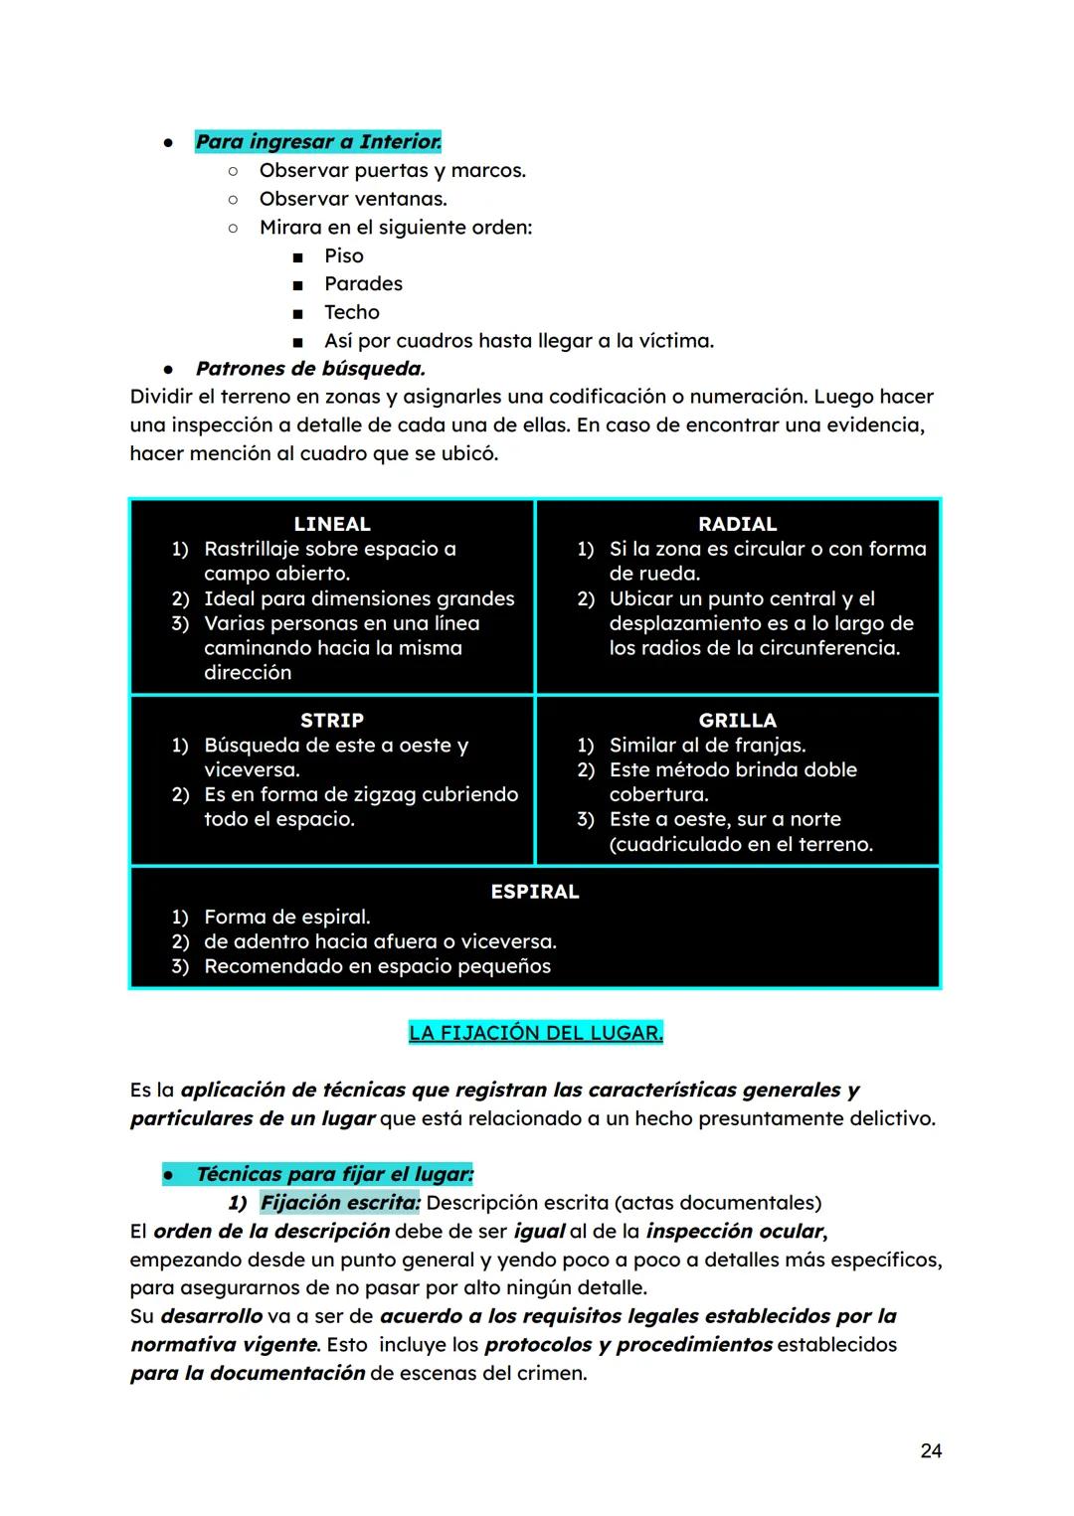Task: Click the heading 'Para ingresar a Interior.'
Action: point(318,142)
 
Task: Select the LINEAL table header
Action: point(332,524)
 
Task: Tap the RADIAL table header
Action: point(737,524)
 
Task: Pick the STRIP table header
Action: point(332,720)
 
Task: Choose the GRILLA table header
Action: point(737,720)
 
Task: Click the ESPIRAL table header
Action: point(535,892)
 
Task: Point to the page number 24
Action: point(931,1451)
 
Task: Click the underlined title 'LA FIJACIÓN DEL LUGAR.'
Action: point(535,1033)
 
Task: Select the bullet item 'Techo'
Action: point(352,312)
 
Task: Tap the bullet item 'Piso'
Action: point(344,255)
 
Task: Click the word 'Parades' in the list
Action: point(363,284)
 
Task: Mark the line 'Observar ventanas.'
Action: point(353,199)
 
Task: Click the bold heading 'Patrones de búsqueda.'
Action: point(310,369)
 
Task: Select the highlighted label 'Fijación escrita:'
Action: point(340,1203)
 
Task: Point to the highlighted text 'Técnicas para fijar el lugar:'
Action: point(334,1174)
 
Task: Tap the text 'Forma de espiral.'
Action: point(286,917)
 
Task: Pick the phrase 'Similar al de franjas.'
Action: point(707,745)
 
